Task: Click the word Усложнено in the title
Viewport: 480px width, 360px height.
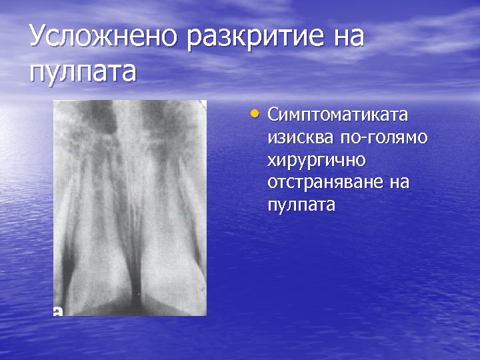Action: click(103, 37)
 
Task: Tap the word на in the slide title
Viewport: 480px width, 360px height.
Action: click(345, 37)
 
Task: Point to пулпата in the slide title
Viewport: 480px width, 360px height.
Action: click(82, 71)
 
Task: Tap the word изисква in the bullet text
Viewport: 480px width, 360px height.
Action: click(297, 137)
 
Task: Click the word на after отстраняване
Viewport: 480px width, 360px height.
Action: click(399, 182)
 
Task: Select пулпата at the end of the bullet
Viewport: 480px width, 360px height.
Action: click(301, 205)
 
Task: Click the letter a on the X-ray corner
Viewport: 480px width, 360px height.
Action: click(58, 310)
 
